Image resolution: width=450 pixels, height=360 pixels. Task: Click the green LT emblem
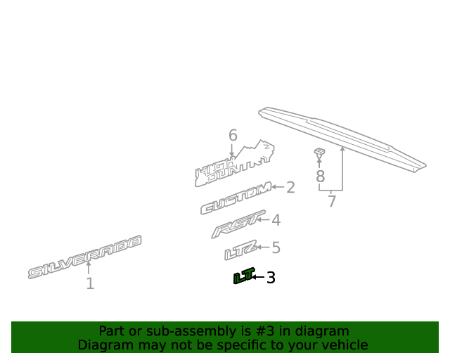pyautogui.click(x=244, y=276)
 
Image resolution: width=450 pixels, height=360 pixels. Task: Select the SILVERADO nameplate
pyautogui.click(x=84, y=257)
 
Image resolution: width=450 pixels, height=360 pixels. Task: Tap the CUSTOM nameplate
pyautogui.click(x=236, y=198)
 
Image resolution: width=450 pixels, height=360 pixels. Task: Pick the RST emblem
pyautogui.click(x=238, y=224)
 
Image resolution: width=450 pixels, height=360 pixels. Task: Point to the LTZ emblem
pyautogui.click(x=240, y=250)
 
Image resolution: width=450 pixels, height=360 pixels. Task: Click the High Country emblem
pyautogui.click(x=234, y=164)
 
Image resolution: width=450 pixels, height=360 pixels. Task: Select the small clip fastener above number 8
pyautogui.click(x=319, y=153)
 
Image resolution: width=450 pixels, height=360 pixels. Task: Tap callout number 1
pyautogui.click(x=90, y=283)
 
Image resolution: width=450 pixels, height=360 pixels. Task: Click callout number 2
pyautogui.click(x=290, y=187)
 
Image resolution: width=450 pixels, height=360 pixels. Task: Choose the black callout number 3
pyautogui.click(x=271, y=278)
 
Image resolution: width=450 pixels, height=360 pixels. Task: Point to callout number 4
pyautogui.click(x=276, y=220)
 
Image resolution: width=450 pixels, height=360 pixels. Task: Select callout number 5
pyautogui.click(x=276, y=247)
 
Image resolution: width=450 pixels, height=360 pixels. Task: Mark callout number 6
pyautogui.click(x=233, y=135)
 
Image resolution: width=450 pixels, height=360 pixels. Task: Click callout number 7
pyautogui.click(x=332, y=201)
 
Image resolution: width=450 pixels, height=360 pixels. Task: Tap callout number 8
pyautogui.click(x=321, y=176)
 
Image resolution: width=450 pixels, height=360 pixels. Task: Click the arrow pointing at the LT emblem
pyautogui.click(x=258, y=277)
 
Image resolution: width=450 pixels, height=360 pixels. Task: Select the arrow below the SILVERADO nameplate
pyautogui.click(x=89, y=268)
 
